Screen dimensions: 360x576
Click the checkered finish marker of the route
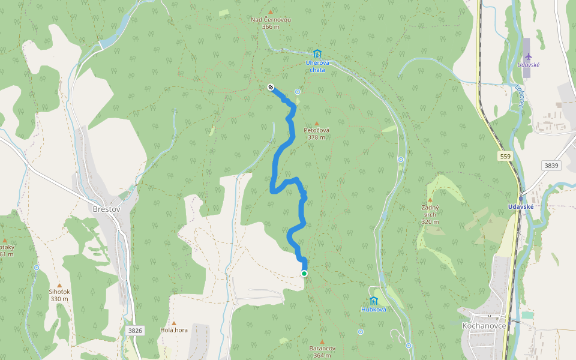[271, 87]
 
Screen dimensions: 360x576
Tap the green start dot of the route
[304, 274]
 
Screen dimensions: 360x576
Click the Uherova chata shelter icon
[317, 54]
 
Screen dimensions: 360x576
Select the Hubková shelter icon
[373, 300]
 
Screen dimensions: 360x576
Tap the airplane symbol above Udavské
[528, 57]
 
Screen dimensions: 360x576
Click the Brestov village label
[107, 209]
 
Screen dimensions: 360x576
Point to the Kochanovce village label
[484, 325]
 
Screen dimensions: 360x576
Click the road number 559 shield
[505, 156]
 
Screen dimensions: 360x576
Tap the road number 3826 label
[135, 330]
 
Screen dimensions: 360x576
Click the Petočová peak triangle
[317, 124]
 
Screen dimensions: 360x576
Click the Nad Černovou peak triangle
[271, 12]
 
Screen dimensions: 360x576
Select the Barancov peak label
[321, 349]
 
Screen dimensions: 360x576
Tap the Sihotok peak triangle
[59, 285]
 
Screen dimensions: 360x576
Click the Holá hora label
[174, 330]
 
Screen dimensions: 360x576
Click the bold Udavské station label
[521, 206]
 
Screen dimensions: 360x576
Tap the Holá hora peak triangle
[174, 323]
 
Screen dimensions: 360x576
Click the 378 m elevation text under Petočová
[316, 137]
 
